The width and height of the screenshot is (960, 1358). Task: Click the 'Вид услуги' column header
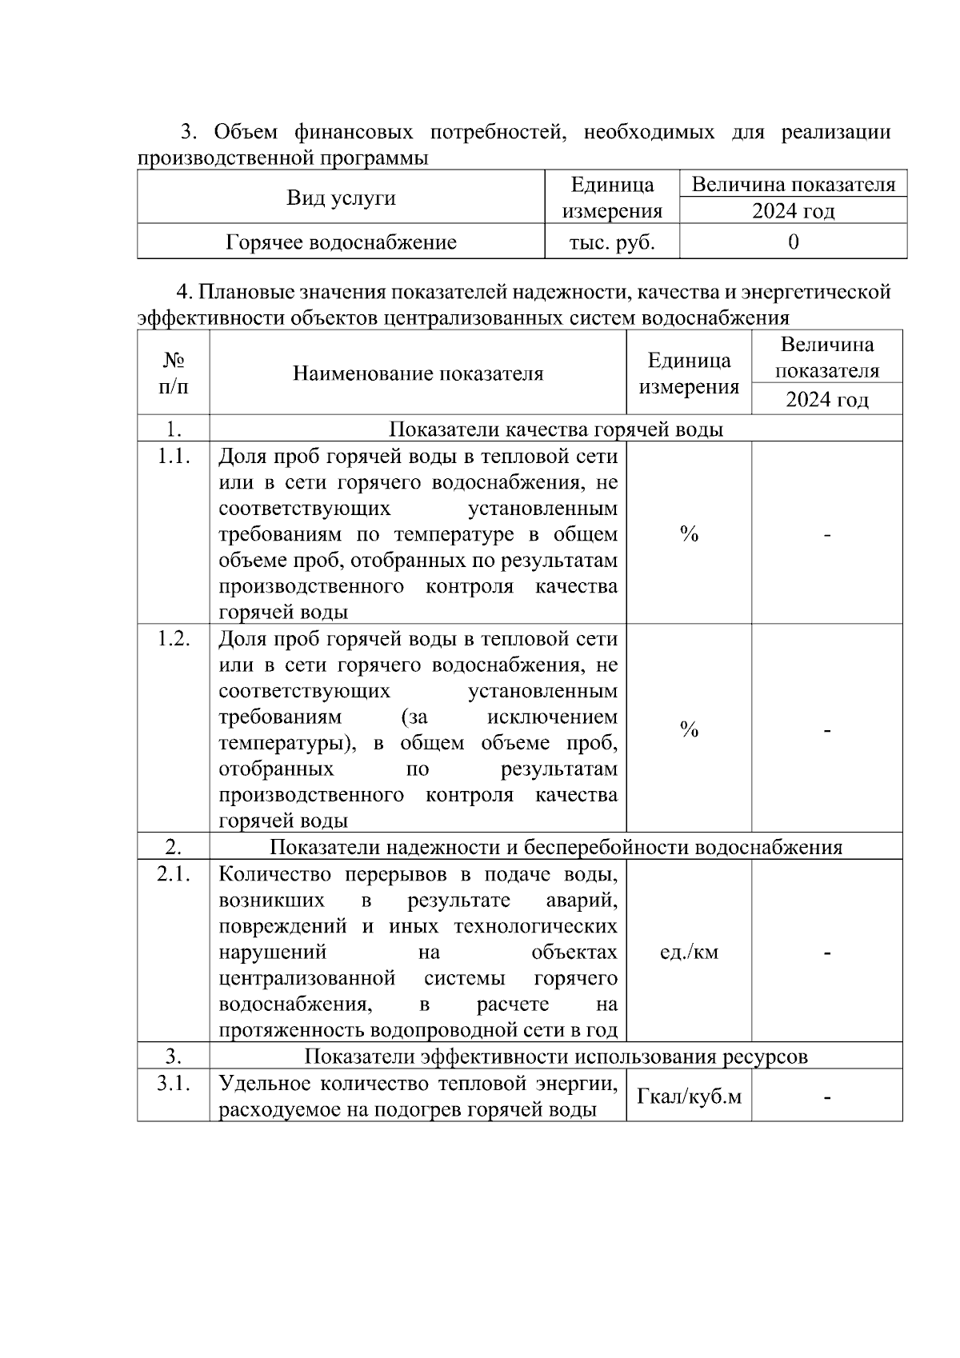[341, 198]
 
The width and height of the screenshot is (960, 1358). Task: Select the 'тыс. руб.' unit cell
[612, 242]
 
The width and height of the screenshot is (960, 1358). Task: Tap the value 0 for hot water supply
[793, 242]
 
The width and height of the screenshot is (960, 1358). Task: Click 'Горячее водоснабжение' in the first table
[341, 242]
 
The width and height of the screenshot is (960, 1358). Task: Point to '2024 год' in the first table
[793, 211]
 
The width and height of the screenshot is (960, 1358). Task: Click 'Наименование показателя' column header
[418, 373]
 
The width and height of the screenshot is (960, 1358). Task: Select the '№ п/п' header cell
[174, 373]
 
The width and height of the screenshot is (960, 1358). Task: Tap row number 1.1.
[174, 457]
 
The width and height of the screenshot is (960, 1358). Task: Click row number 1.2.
[174, 639]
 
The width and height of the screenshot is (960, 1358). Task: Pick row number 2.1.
[174, 874]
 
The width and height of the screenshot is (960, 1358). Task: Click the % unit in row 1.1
[689, 534]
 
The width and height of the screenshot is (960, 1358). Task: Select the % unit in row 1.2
[689, 729]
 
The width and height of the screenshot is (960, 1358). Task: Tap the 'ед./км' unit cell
[689, 952]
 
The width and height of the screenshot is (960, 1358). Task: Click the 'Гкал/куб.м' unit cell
[689, 1096]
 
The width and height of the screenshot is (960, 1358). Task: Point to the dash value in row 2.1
[827, 952]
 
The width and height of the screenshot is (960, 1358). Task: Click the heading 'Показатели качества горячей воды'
[556, 429]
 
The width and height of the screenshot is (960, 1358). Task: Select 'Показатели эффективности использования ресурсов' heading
[556, 1056]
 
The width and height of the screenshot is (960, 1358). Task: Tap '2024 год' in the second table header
[827, 399]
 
